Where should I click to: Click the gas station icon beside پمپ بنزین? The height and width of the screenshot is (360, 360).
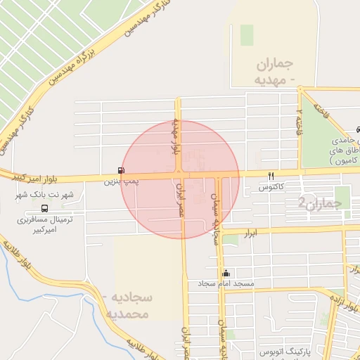[122, 171]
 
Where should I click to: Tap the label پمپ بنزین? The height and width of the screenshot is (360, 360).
[117, 181]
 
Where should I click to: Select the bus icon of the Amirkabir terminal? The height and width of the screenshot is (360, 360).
[45, 208]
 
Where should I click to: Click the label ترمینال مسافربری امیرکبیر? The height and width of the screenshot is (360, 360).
[51, 224]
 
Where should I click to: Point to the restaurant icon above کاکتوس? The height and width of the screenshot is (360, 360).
[271, 175]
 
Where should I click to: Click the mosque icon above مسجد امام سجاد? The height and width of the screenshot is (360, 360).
[225, 274]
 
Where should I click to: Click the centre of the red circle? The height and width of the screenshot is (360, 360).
[181, 179]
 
